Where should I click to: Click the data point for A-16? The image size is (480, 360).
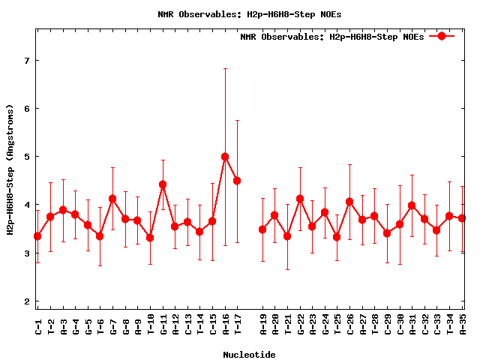[225, 157]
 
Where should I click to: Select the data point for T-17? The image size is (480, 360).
[237, 181]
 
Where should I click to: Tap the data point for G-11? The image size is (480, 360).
[163, 184]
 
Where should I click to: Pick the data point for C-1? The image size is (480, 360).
[37, 236]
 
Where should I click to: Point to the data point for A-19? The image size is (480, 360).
[262, 229]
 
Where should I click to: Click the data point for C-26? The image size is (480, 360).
[349, 202]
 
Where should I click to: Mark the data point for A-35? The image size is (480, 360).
[462, 218]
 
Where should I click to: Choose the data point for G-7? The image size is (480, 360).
[112, 199]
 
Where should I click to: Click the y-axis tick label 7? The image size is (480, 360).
[26, 60]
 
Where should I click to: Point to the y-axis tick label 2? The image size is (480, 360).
[26, 301]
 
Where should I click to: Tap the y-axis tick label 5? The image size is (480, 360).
[26, 157]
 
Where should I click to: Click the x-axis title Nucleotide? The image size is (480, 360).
[249, 354]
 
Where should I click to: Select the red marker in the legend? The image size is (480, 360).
[442, 36]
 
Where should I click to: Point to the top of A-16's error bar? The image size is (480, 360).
[225, 69]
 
